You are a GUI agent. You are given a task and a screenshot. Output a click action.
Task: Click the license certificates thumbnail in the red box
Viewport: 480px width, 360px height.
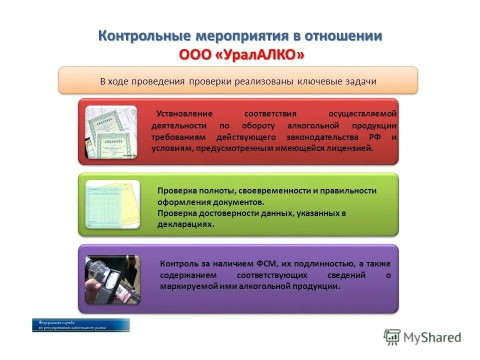(110, 132)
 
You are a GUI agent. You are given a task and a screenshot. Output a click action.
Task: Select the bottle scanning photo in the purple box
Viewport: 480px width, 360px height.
(112, 279)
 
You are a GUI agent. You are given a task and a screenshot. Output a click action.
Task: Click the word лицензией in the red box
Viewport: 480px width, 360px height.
(352, 148)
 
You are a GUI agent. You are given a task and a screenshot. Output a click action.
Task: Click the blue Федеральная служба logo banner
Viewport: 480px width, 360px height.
(81, 325)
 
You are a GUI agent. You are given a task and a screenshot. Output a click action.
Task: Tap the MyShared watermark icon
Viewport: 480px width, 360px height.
(392, 337)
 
